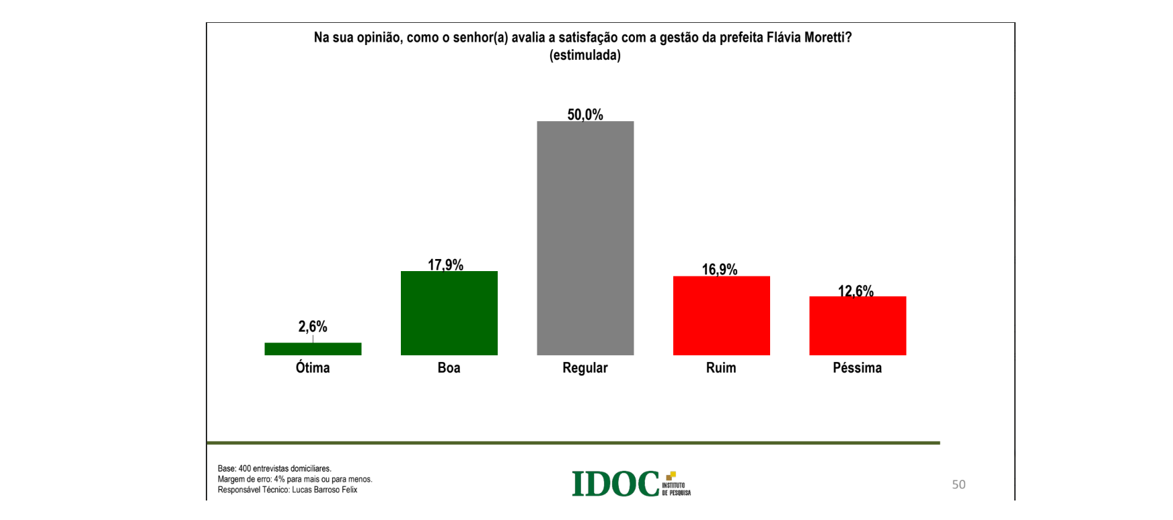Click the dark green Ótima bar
point(313,348)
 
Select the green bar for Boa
point(449,313)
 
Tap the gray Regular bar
point(585,238)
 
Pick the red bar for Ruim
point(721,315)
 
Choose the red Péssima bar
point(858,326)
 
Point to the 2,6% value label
point(313,327)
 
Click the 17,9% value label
point(446,264)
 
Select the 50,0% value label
point(585,114)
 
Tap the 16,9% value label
point(720,269)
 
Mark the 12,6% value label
point(856,291)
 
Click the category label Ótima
point(313,368)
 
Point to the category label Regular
point(585,368)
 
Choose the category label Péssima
point(857,368)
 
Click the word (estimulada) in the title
point(585,55)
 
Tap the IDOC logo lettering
point(615,484)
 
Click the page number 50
point(958,484)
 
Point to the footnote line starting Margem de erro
point(295,479)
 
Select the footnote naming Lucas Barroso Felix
point(287,490)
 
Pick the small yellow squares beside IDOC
point(671,476)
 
